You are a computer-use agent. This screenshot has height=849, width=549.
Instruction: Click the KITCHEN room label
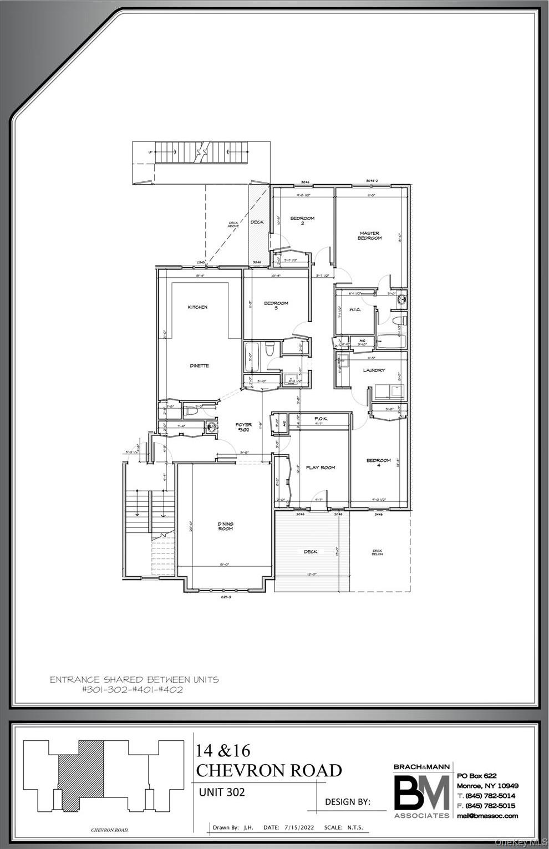[197, 307]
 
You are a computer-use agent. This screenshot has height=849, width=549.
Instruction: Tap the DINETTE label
[199, 365]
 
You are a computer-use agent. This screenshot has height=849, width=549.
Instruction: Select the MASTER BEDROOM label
[370, 236]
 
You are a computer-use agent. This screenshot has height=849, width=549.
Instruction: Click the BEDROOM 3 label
[276, 306]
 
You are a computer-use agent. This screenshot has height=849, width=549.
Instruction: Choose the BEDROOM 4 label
[378, 462]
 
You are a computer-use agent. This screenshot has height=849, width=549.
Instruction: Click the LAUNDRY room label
[374, 370]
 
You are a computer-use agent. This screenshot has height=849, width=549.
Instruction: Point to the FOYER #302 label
[243, 428]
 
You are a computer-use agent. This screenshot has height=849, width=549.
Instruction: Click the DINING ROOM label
[225, 526]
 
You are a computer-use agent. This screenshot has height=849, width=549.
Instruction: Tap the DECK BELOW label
[377, 553]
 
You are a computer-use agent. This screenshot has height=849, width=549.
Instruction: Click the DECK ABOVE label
[233, 225]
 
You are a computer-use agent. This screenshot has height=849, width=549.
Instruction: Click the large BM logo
[421, 793]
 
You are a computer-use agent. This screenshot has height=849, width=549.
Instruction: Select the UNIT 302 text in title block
[222, 792]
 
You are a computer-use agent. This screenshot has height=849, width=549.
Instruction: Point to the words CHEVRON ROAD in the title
[269, 770]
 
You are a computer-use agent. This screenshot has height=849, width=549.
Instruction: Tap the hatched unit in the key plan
[82, 782]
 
